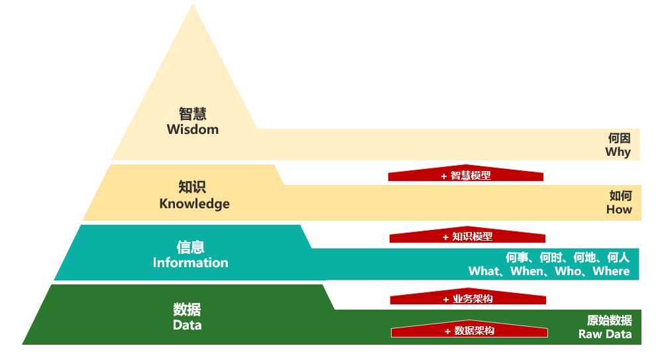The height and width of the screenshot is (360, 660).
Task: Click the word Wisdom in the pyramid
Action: point(193,129)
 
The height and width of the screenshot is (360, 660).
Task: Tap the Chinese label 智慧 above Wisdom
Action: point(193,113)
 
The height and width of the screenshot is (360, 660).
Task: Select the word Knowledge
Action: point(194,204)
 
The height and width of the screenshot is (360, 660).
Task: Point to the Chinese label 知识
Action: point(192,187)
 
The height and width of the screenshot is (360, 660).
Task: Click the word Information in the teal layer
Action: point(190,263)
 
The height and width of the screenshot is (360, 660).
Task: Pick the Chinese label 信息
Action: point(190,247)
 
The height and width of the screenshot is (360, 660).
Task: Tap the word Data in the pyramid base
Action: point(188,325)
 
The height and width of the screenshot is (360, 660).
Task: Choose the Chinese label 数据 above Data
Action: point(188,310)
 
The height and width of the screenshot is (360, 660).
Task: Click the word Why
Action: point(618,152)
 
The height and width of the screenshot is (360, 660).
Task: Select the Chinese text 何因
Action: point(619,138)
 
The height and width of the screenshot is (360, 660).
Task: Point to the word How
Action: point(619,210)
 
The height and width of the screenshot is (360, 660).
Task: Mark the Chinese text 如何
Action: point(621,196)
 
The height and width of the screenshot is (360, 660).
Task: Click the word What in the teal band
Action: point(484,271)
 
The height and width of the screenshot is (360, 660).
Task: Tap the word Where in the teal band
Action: point(611,271)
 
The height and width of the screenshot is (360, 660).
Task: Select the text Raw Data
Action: point(605,334)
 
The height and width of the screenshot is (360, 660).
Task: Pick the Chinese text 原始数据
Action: point(610,320)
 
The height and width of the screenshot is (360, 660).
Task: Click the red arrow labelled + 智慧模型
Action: point(466,173)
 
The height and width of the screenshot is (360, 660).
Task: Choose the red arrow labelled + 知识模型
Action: point(468,235)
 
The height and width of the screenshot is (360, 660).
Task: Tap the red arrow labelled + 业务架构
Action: point(468,296)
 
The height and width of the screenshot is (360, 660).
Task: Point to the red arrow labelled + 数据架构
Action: point(469,329)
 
